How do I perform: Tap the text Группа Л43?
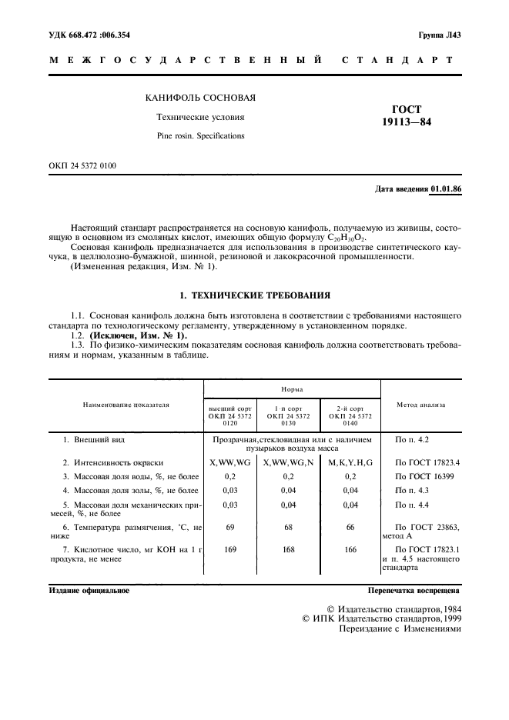pyautogui.click(x=439, y=35)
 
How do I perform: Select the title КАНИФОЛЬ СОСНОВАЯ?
pyautogui.click(x=201, y=98)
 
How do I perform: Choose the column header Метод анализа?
pyautogui.click(x=420, y=404)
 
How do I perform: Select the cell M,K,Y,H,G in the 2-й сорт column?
pyautogui.click(x=350, y=462)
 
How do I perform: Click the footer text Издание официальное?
pyautogui.click(x=89, y=591)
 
